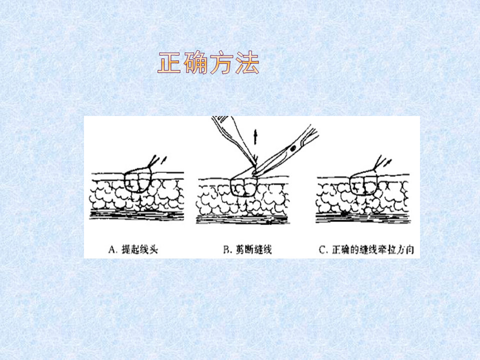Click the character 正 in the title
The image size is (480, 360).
170,63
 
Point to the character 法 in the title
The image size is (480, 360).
247,63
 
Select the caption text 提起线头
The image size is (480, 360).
138,249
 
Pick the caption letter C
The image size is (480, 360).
322,249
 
